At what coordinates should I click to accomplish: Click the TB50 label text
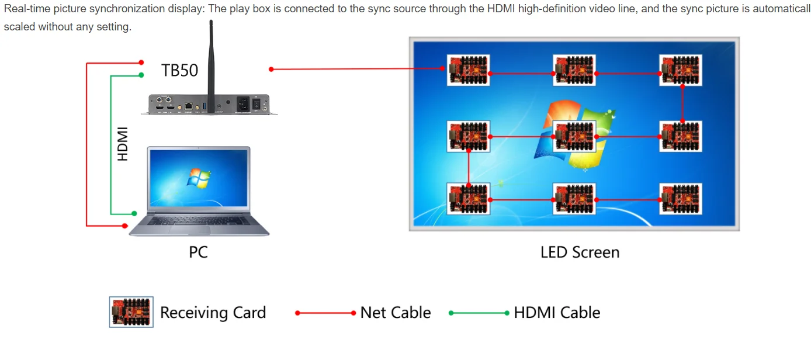click(179, 71)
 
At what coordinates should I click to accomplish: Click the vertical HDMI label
click(123, 144)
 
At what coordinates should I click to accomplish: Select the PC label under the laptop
click(198, 252)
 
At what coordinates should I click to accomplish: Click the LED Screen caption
click(580, 252)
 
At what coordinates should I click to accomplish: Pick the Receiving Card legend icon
click(131, 311)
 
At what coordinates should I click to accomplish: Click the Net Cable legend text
click(396, 313)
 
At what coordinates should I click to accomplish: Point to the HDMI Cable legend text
click(557, 313)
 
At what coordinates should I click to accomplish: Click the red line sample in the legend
click(325, 313)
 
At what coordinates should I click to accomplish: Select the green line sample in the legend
click(479, 313)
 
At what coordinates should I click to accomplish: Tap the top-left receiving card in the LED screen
click(468, 70)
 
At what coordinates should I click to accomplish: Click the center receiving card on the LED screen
click(574, 136)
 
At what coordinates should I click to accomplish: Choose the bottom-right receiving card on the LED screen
click(680, 199)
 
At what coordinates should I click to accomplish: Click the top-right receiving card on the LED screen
click(680, 70)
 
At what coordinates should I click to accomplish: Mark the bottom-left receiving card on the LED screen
click(468, 199)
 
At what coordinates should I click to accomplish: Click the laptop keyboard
click(199, 221)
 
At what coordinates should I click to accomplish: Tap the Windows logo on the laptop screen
click(199, 178)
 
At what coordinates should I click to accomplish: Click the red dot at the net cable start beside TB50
click(271, 69)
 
